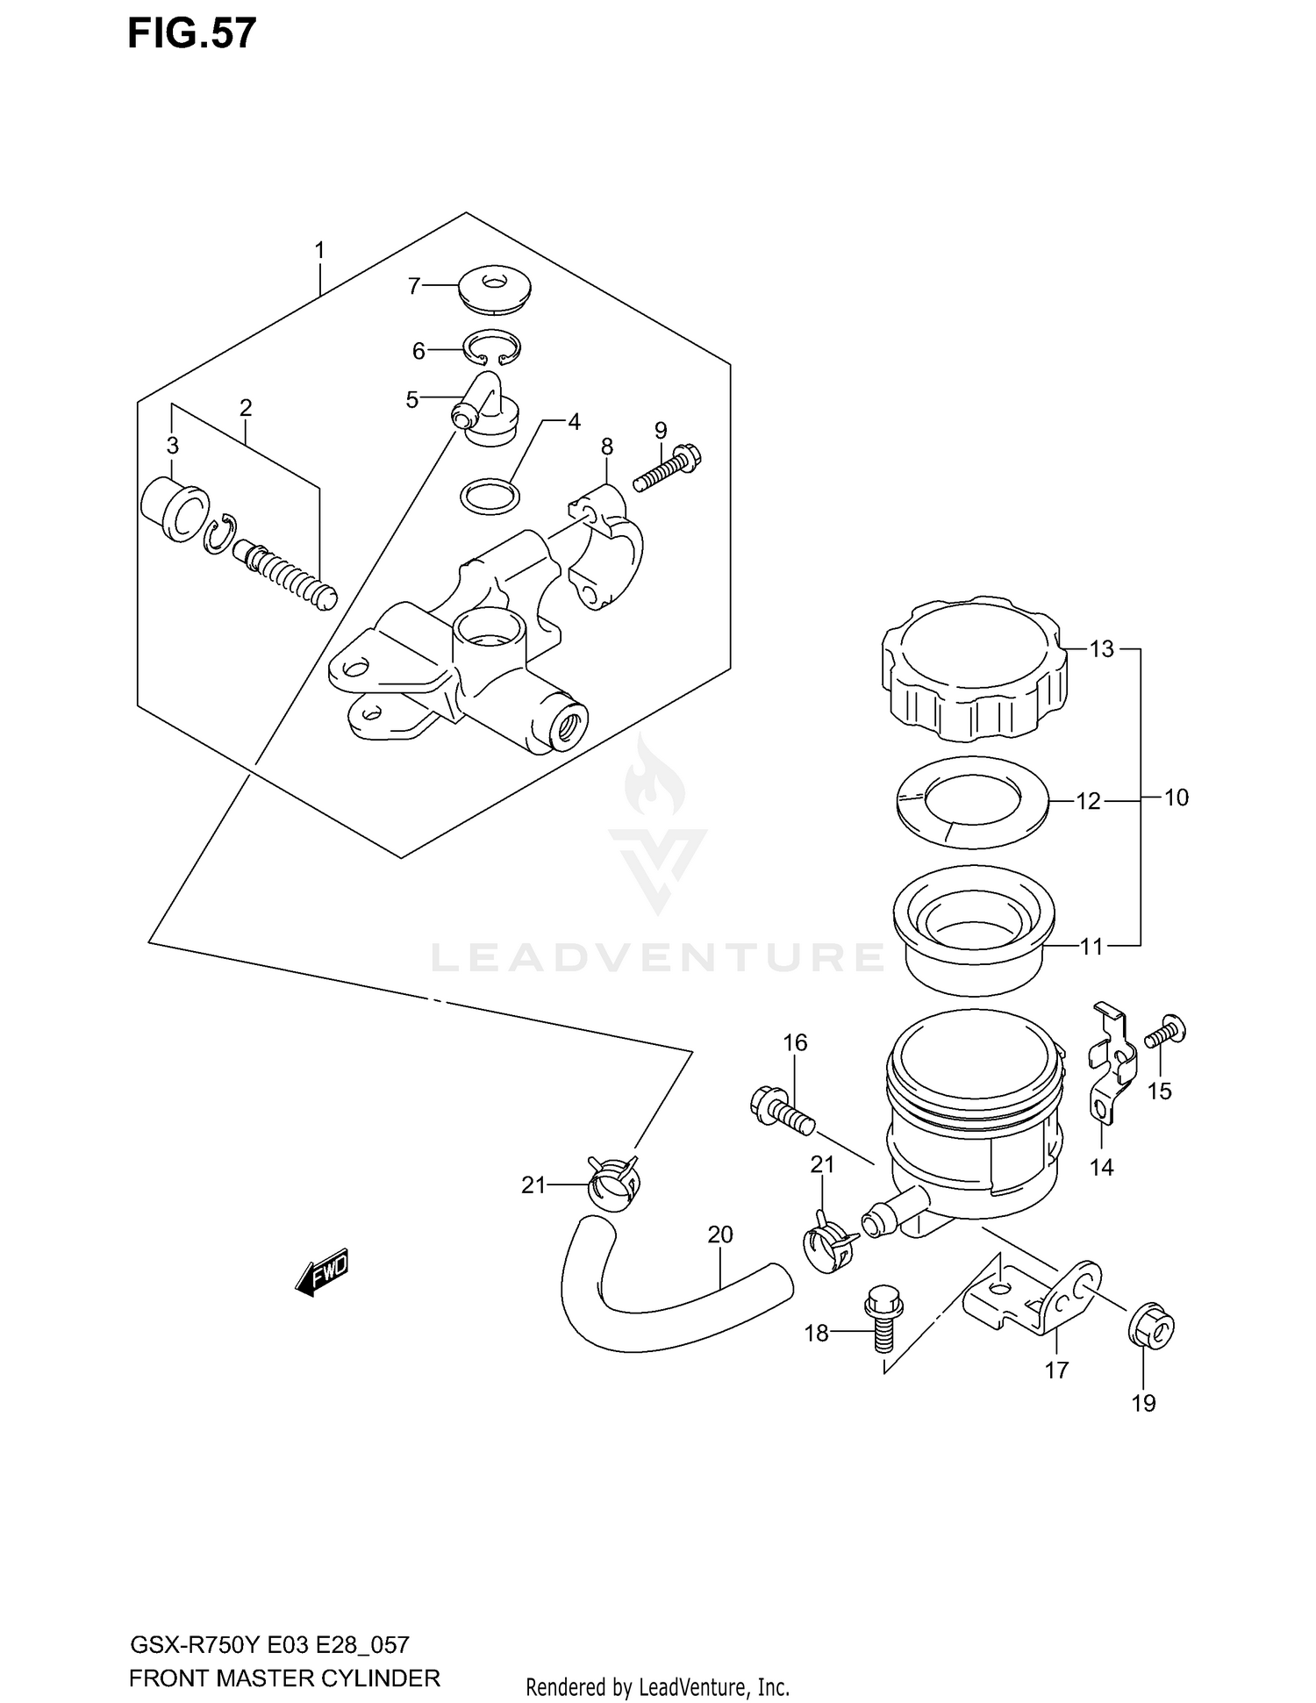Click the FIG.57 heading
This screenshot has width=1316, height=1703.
tap(192, 33)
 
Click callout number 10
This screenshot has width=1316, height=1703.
tap(1176, 798)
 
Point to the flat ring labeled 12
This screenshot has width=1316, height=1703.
tap(972, 803)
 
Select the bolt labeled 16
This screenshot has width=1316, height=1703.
tap(781, 1111)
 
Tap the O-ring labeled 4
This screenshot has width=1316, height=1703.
tap(490, 497)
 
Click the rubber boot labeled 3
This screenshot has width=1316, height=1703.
tap(173, 510)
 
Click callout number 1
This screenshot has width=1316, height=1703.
tap(319, 251)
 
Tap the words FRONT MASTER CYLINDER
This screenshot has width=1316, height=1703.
tap(284, 1678)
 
